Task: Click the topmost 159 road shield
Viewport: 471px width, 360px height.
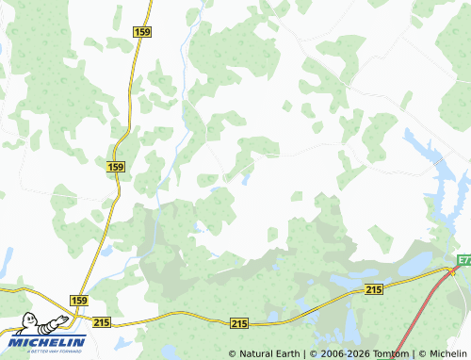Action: (142, 32)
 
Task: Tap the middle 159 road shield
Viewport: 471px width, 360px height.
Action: (116, 167)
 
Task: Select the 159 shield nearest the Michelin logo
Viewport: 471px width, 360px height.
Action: (78, 299)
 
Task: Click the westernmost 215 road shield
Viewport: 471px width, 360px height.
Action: (102, 322)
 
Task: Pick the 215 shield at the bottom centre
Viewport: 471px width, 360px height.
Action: (239, 323)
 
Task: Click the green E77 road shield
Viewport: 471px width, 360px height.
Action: (464, 259)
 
